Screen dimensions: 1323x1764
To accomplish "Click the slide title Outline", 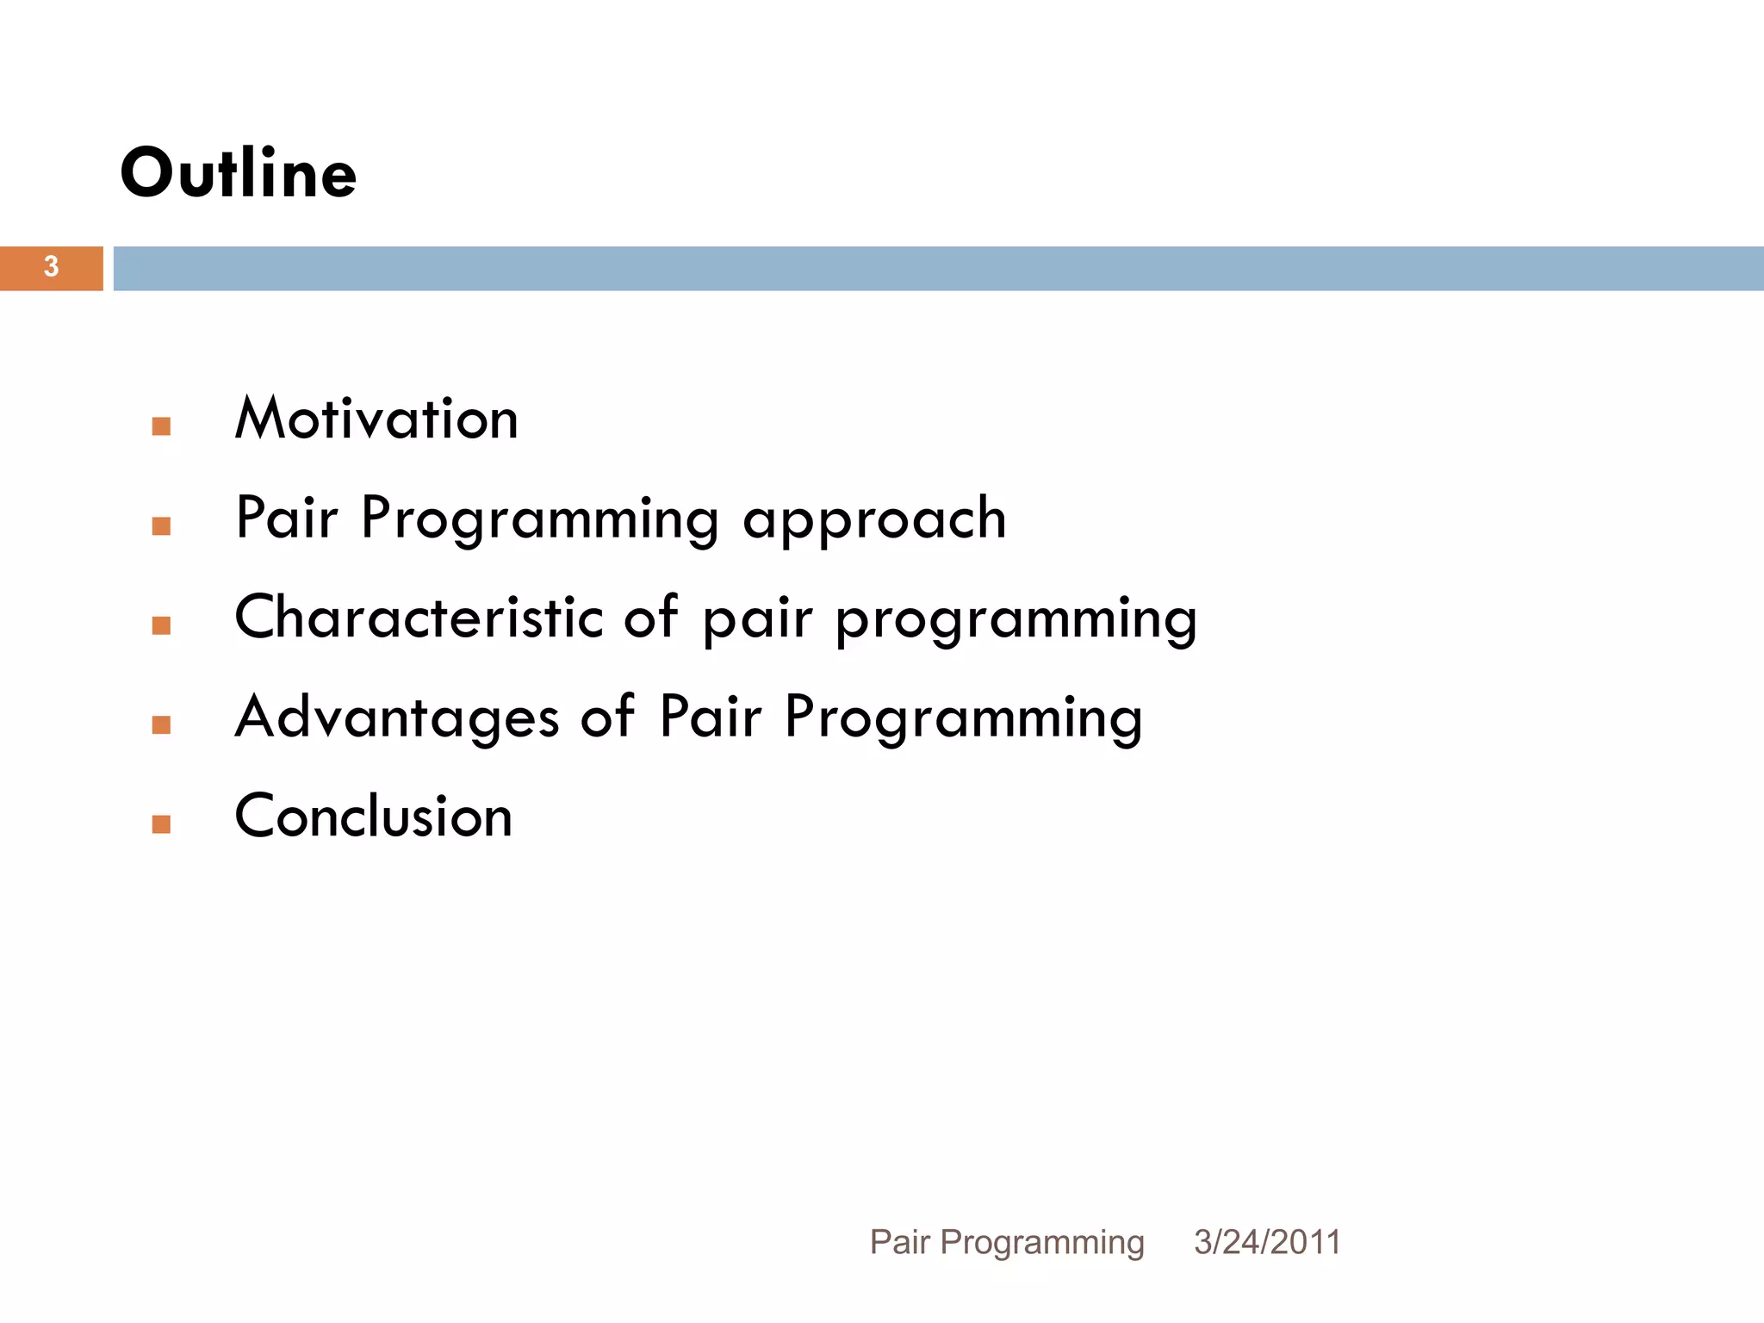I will click(x=238, y=173).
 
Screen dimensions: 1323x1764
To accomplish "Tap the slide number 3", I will click(x=51, y=267).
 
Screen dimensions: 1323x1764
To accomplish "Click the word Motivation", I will click(x=376, y=419).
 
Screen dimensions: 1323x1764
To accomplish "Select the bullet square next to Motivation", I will click(x=161, y=426).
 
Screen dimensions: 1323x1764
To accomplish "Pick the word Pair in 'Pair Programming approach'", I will click(x=286, y=519).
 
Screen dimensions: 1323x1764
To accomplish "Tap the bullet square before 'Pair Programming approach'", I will click(x=161, y=526).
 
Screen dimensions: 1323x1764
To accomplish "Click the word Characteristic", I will click(x=419, y=618).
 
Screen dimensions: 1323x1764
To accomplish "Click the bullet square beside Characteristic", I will click(x=161, y=625).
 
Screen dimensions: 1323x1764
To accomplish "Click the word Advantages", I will click(x=396, y=717).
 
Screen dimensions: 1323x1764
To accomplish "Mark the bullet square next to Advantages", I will click(x=161, y=725).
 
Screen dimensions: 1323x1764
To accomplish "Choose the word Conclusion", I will click(x=374, y=817).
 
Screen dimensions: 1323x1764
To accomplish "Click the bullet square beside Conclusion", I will click(x=161, y=824).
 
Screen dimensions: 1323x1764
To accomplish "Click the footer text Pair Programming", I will click(x=1006, y=1242).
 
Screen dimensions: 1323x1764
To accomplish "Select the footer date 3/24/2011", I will click(x=1267, y=1242).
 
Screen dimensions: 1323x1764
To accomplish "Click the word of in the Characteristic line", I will click(x=650, y=618).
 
